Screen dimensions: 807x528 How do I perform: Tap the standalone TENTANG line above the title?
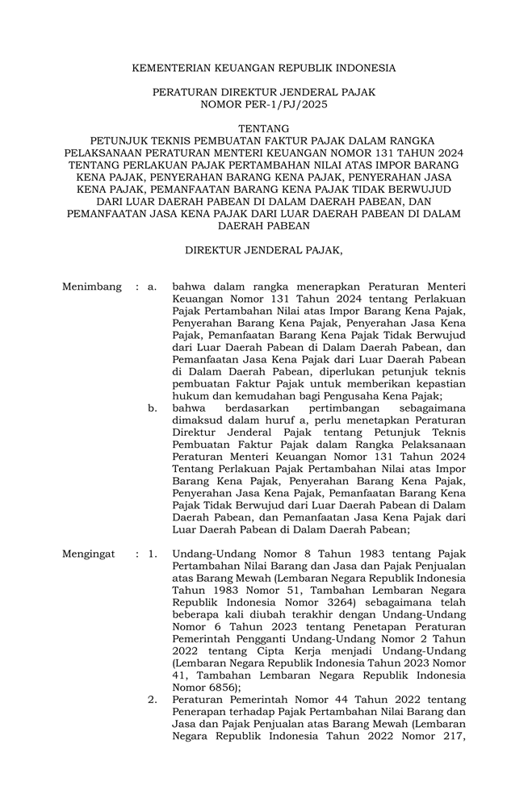coord(263,129)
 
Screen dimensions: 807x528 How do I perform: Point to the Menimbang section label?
coord(91,286)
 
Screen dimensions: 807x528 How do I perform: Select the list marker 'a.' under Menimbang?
coord(152,286)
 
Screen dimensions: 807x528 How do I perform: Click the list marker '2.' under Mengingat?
coord(152,700)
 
